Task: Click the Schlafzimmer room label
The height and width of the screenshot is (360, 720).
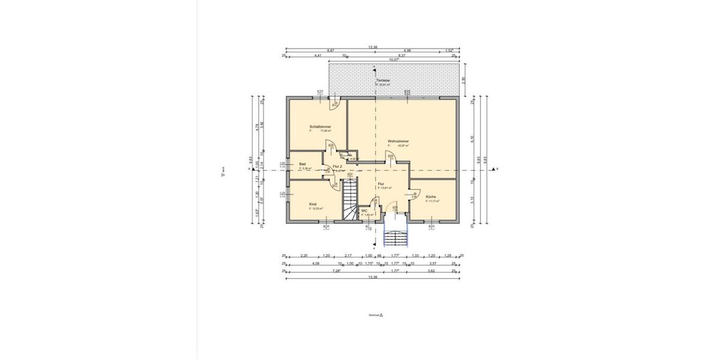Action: (x=320, y=127)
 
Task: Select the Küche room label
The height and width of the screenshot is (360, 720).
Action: (x=431, y=197)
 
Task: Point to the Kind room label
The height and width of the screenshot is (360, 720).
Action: (x=313, y=204)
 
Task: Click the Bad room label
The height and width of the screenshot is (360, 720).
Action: (x=302, y=164)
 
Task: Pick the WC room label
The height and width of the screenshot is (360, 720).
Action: (x=364, y=211)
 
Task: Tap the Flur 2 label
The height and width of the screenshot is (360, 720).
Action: (x=337, y=166)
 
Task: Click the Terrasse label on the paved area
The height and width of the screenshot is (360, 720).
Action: (x=383, y=80)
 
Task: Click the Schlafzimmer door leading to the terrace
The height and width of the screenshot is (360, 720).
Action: (x=334, y=104)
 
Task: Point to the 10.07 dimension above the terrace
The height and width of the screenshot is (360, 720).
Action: (x=394, y=60)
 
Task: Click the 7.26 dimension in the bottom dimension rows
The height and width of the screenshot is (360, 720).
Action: (x=337, y=271)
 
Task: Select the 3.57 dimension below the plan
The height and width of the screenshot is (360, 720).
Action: (x=432, y=263)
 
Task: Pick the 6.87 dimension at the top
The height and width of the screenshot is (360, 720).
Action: (x=330, y=50)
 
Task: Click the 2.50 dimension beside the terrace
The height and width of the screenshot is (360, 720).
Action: (x=463, y=82)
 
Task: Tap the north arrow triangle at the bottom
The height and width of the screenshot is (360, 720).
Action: (x=381, y=314)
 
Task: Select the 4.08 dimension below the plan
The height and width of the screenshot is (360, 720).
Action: (x=315, y=263)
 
